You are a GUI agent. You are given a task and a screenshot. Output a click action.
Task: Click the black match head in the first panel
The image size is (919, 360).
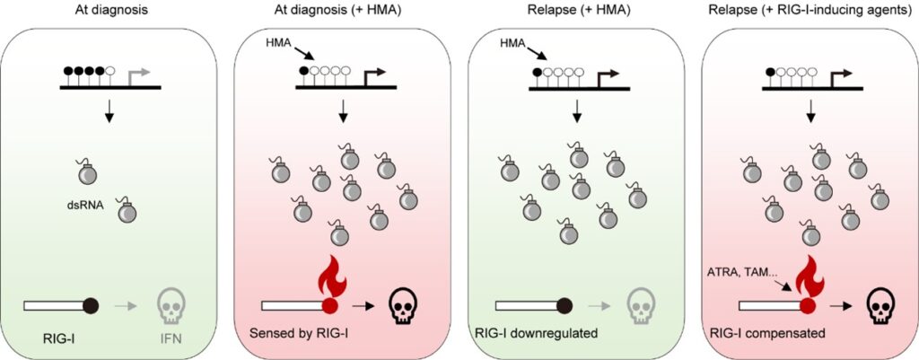point(91,305)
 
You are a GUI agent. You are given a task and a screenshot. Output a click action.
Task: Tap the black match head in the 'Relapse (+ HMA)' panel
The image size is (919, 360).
point(565,305)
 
